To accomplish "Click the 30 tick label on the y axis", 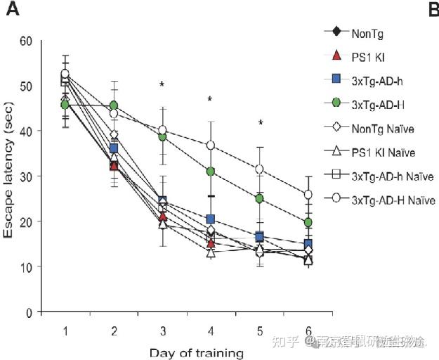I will (x=27, y=176).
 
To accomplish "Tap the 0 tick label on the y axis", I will (x=30, y=311).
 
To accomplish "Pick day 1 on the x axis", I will (x=65, y=330).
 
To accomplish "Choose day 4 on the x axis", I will (x=211, y=330).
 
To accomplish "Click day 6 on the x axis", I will (x=308, y=330).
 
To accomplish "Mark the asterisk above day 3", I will (x=162, y=85).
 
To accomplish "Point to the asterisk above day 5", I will (x=260, y=124).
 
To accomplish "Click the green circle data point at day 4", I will (x=211, y=172).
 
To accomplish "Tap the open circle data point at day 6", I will (x=308, y=195).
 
